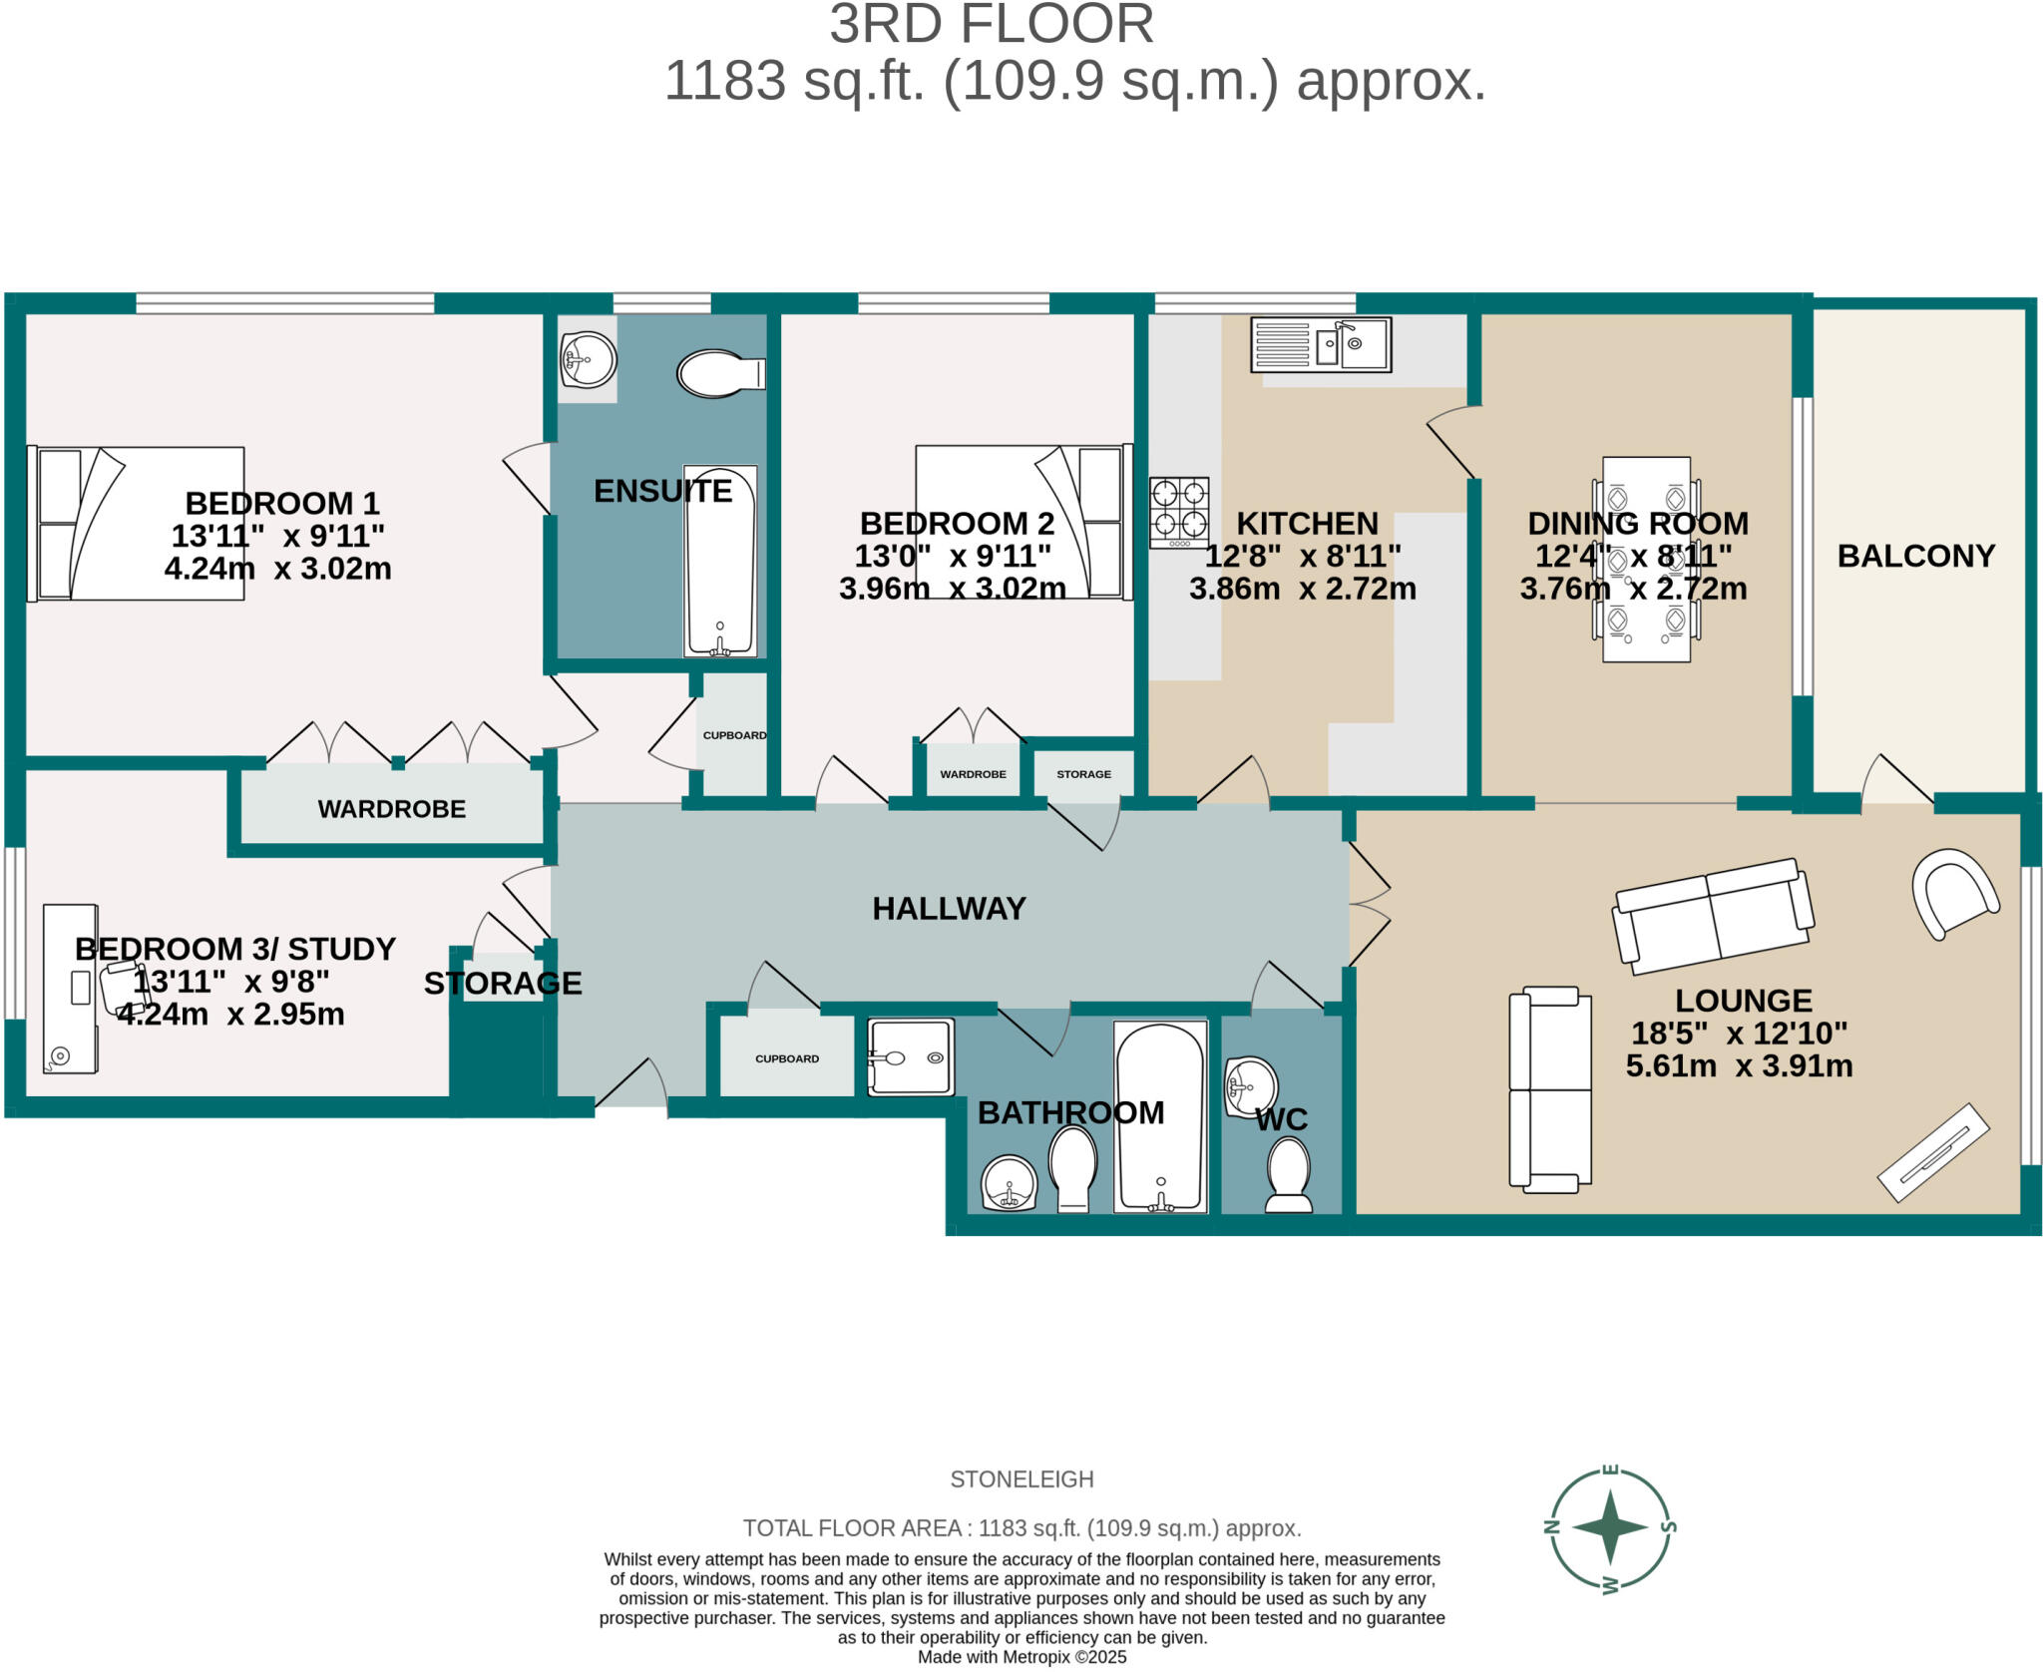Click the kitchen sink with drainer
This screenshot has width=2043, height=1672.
1320,345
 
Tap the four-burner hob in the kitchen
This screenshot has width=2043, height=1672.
1179,512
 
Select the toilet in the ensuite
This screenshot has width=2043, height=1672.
720,373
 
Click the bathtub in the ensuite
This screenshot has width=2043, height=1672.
720,561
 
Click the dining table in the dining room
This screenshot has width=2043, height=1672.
1646,559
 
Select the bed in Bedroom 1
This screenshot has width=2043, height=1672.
136,524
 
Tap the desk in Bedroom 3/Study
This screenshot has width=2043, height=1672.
70,988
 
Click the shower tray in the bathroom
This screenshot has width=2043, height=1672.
911,1057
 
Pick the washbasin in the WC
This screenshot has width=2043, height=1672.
1251,1087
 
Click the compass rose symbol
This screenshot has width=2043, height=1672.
1610,1527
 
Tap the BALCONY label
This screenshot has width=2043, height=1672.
1915,556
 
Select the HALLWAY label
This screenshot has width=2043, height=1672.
949,908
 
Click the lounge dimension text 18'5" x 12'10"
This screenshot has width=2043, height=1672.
1739,1033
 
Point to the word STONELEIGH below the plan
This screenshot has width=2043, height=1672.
1021,1479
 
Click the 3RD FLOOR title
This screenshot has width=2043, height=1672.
991,25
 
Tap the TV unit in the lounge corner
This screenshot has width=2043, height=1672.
1933,1152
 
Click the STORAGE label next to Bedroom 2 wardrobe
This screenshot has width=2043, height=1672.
1083,774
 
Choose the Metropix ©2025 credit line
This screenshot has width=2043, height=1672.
1021,1657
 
